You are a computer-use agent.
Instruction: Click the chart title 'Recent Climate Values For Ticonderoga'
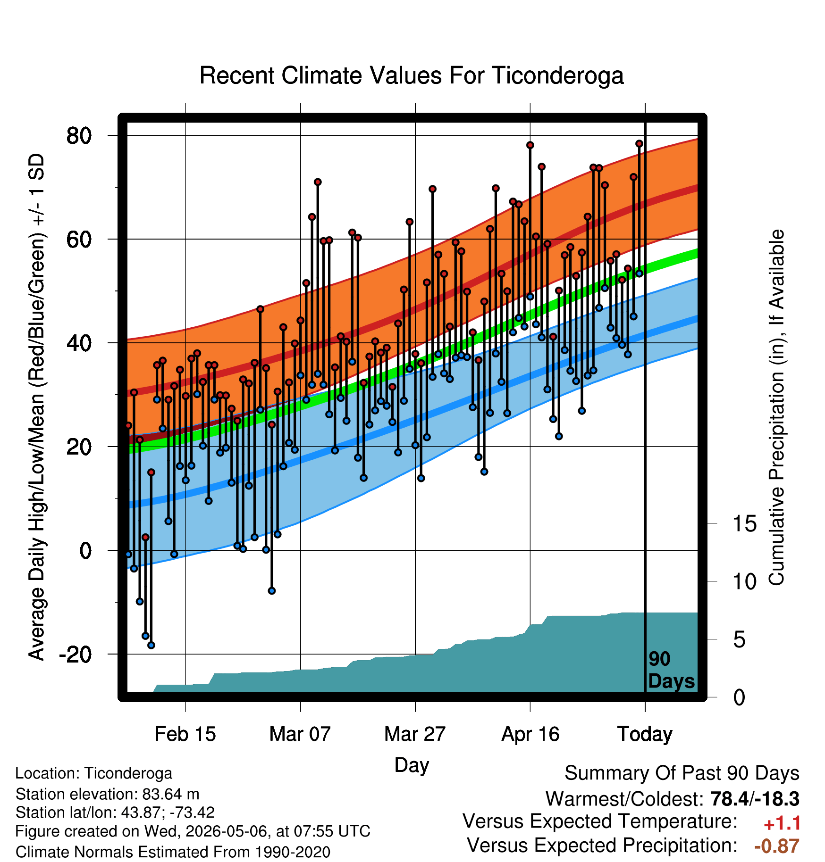[412, 75]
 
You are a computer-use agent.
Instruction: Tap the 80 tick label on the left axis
[79, 136]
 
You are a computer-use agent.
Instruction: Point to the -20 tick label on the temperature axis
[75, 655]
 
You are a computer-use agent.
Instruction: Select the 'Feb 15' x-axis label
[185, 734]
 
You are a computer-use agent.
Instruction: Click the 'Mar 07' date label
[300, 734]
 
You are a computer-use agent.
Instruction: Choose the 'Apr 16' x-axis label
[530, 734]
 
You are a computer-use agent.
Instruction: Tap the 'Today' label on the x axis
[645, 734]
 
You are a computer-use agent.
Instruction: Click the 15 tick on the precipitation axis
[744, 523]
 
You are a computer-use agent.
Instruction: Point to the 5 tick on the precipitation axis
[739, 640]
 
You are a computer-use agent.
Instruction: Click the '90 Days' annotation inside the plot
[671, 670]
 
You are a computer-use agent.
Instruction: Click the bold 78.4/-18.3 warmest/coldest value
[755, 799]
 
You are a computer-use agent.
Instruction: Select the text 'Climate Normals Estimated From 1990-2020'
[173, 852]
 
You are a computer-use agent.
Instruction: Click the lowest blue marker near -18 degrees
[151, 645]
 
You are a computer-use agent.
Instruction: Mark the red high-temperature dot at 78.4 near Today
[639, 143]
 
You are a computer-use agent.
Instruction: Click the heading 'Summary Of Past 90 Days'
[682, 773]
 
